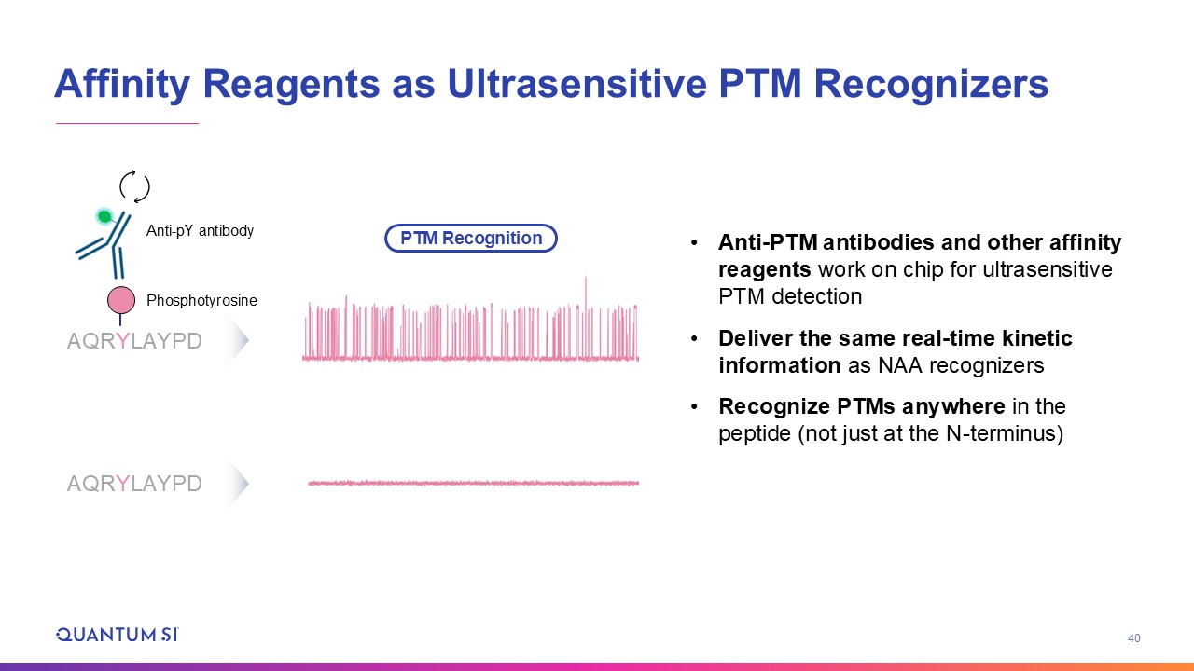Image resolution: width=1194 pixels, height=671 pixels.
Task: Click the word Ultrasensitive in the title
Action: (577, 84)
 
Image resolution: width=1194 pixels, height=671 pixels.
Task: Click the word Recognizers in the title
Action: (931, 85)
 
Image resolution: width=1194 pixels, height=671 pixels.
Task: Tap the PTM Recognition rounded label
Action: (471, 238)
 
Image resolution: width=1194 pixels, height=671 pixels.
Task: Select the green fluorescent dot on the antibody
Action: (104, 216)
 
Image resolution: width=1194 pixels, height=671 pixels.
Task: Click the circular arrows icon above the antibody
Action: (134, 186)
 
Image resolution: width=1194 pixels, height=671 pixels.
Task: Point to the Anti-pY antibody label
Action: (200, 230)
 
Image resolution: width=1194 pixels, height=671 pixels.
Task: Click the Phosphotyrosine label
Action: (201, 300)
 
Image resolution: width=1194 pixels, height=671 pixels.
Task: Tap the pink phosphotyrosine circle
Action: (121, 300)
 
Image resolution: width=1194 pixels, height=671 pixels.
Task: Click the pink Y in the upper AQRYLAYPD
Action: (123, 341)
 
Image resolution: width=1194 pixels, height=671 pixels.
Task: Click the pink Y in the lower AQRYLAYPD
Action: (123, 484)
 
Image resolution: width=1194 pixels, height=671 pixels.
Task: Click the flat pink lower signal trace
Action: (473, 483)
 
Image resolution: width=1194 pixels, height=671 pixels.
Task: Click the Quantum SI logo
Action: (118, 635)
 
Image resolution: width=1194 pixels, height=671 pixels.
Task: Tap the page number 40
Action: (1133, 638)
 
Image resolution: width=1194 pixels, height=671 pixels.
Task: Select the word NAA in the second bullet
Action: (900, 366)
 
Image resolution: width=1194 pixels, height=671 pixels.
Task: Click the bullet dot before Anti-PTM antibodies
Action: (694, 243)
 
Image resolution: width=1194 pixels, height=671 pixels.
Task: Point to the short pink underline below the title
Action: (128, 123)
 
